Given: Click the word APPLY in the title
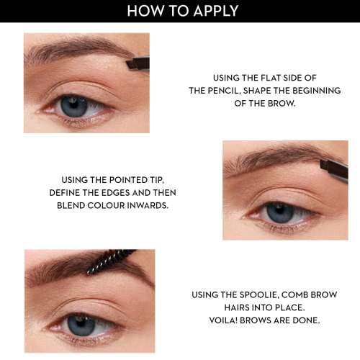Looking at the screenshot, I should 213,11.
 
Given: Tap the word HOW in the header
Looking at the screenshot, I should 143,11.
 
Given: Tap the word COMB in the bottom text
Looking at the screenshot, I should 305,295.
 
